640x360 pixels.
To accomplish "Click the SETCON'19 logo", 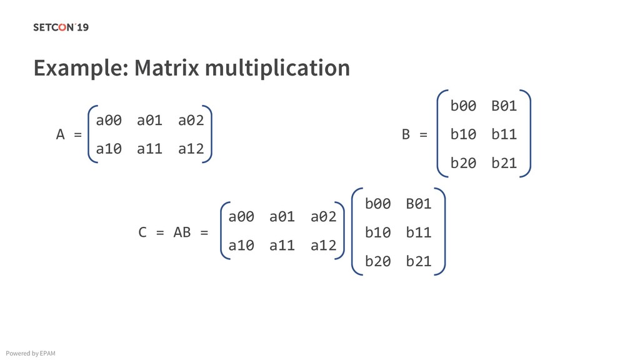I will [61, 27].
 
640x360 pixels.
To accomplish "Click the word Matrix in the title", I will [166, 67].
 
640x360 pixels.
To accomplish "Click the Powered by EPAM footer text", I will [29, 354].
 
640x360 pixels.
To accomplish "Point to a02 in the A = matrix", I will [191, 120].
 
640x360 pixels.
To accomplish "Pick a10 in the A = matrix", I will [109, 149].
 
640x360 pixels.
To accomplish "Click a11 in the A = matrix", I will [149, 149].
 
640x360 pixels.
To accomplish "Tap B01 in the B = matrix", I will [504, 106].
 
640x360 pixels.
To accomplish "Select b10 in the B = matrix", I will [463, 134].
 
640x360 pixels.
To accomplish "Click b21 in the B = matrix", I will [504, 163].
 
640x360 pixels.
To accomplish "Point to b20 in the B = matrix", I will [463, 163].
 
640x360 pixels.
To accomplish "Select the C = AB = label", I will [173, 232].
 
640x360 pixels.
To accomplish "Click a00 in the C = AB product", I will [241, 217].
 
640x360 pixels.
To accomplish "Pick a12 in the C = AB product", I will [323, 246].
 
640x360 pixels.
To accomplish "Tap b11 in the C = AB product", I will [418, 232].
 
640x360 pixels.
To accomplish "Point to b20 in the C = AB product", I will [377, 261].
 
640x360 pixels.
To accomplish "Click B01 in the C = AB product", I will [418, 204].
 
